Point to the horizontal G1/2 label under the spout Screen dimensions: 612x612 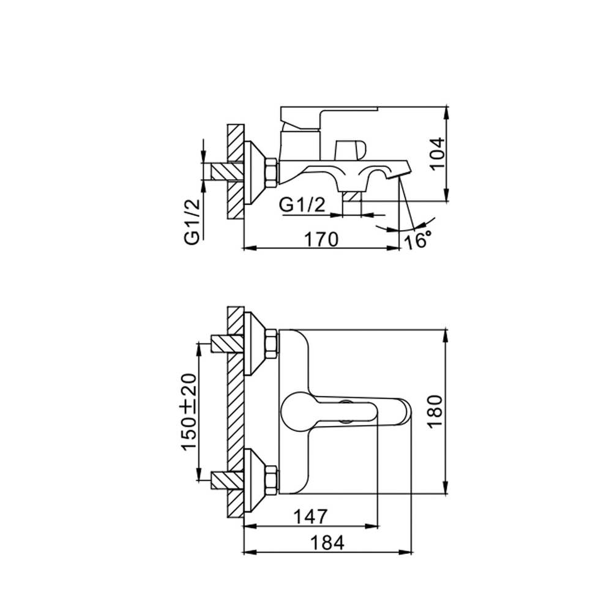(x=301, y=206)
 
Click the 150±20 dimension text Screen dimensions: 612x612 (x=190, y=411)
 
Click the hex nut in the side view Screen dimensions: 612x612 (x=270, y=171)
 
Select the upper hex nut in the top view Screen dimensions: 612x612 (x=270, y=344)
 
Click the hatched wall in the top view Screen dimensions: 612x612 (x=235, y=410)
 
